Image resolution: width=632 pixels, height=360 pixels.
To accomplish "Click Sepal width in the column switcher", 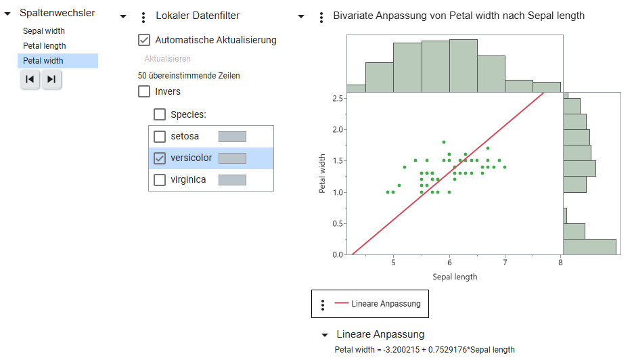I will click(44, 31).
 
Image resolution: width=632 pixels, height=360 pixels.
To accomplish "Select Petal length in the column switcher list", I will click(45, 46).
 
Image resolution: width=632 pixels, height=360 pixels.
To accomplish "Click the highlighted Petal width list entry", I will click(43, 61).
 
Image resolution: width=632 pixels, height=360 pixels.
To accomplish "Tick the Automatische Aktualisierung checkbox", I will click(144, 40).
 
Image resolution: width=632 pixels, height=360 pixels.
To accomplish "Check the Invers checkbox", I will click(144, 91).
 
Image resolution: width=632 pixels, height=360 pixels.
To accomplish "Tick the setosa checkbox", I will click(160, 137).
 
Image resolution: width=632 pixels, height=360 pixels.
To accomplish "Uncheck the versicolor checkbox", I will click(160, 158).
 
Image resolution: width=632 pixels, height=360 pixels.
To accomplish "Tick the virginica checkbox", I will click(160, 180).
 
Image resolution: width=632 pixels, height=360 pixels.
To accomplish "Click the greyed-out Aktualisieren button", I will click(167, 59).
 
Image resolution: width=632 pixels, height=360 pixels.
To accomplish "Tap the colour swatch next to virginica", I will click(232, 180).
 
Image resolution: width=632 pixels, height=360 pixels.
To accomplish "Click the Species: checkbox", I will click(160, 115).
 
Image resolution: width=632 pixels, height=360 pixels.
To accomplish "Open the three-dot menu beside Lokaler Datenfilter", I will click(143, 17).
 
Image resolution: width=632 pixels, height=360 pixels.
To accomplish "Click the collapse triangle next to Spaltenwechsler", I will click(7, 14).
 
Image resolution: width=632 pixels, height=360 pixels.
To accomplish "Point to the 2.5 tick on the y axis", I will click(336, 98).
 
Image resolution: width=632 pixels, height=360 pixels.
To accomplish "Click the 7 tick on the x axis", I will click(505, 263).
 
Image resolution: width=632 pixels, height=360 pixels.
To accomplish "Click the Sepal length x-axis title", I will click(455, 277).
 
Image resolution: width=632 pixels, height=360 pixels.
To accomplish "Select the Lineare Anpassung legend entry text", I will click(386, 304).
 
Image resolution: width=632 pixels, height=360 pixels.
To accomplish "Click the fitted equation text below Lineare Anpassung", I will click(424, 350).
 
